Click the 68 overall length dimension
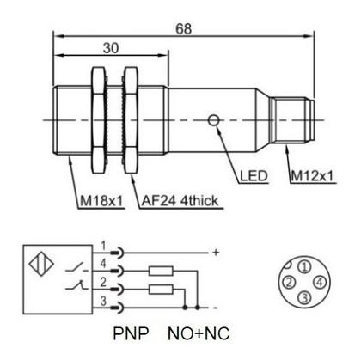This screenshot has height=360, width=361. point(183,29)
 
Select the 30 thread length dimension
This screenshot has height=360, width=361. point(111,48)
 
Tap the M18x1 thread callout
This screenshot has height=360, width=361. point(101,201)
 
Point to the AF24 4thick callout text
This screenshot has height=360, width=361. point(180,201)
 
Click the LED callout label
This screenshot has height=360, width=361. point(254,176)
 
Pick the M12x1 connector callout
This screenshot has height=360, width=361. point(313,175)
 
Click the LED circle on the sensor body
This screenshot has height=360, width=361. point(213,120)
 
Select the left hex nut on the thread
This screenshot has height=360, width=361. point(99,120)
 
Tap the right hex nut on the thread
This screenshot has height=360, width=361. point(132,120)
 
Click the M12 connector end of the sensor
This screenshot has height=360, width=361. point(293,119)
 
